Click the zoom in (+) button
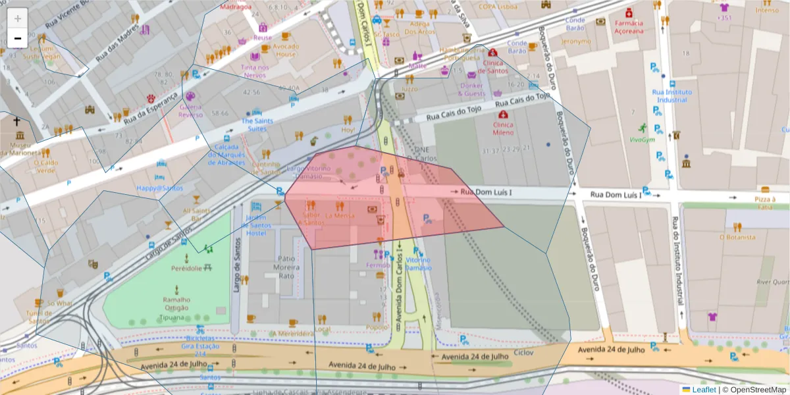click(17, 18)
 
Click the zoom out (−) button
click(17, 38)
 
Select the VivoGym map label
click(642, 139)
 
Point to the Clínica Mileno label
click(503, 128)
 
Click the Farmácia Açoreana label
click(628, 27)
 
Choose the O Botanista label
click(736, 237)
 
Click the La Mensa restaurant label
click(340, 215)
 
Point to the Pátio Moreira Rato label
click(286, 267)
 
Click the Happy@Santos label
click(159, 188)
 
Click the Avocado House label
click(286, 50)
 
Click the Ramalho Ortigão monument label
click(176, 303)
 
